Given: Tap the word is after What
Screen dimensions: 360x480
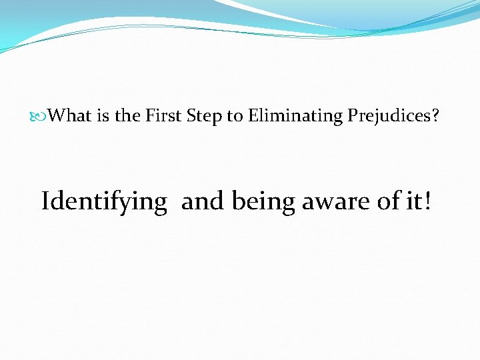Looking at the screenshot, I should point(101,116).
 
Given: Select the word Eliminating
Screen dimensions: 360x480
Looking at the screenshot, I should point(295,117).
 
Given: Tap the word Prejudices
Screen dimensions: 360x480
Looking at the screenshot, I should point(388,117).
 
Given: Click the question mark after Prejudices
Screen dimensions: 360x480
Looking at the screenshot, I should point(435,116).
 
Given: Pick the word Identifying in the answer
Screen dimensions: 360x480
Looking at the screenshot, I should point(104,201).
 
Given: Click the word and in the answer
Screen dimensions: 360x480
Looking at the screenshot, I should point(203,200).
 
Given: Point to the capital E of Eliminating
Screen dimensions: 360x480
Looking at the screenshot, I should point(253,116).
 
